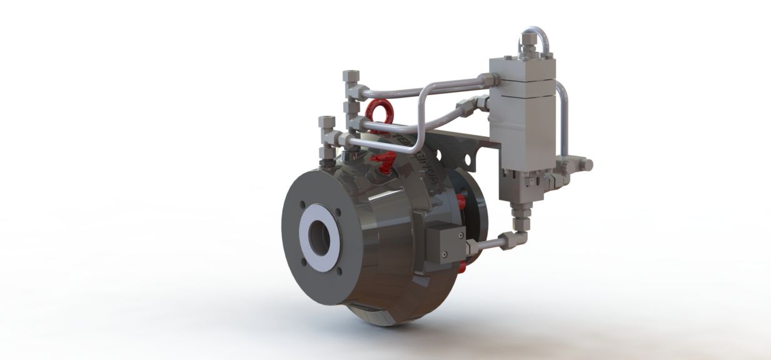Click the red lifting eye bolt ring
tap(380, 111)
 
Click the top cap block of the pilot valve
tap(522, 67)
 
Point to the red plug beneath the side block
tap(461, 267)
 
